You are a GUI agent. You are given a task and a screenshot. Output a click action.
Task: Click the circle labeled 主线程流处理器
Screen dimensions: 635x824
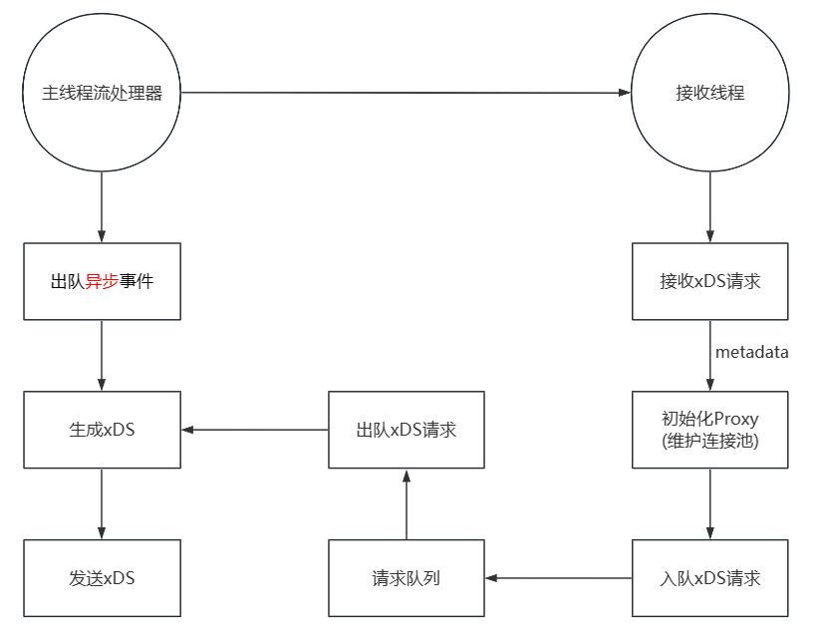[x=102, y=93]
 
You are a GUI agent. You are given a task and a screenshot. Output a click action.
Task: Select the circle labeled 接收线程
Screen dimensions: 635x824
[x=709, y=93]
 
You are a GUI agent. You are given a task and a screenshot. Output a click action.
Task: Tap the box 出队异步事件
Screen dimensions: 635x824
[x=102, y=281]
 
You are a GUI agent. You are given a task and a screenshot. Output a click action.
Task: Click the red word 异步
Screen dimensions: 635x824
[x=102, y=281]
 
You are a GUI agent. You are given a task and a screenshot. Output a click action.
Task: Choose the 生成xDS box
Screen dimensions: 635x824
[x=102, y=430]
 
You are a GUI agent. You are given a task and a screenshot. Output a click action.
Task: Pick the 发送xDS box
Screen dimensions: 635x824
[x=102, y=578]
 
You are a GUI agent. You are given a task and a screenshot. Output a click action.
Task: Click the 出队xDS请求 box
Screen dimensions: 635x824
[x=407, y=430]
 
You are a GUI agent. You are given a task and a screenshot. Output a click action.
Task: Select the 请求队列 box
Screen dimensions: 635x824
[x=407, y=578]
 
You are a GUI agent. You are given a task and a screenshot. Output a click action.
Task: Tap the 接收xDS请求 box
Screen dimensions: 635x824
[x=709, y=281]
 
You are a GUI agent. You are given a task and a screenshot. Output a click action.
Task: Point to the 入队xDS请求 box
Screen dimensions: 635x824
[x=709, y=578]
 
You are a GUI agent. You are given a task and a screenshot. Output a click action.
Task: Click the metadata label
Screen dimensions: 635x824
[x=751, y=352]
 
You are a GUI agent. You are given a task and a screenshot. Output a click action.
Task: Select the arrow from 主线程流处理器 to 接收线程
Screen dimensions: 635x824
[x=407, y=93]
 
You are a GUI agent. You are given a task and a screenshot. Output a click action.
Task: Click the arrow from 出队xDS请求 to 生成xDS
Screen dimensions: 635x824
[x=255, y=430]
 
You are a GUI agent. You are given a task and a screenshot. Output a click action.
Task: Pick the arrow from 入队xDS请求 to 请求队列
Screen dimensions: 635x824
[x=558, y=578]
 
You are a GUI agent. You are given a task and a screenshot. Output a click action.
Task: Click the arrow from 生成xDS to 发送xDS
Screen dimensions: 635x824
[x=102, y=504]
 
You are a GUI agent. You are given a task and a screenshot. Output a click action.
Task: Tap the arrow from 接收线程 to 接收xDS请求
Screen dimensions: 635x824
[x=709, y=207]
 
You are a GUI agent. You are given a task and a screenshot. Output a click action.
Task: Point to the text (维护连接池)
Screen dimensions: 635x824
[x=709, y=441]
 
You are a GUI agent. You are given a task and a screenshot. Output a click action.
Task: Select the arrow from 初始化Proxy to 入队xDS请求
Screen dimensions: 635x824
[x=709, y=504]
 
